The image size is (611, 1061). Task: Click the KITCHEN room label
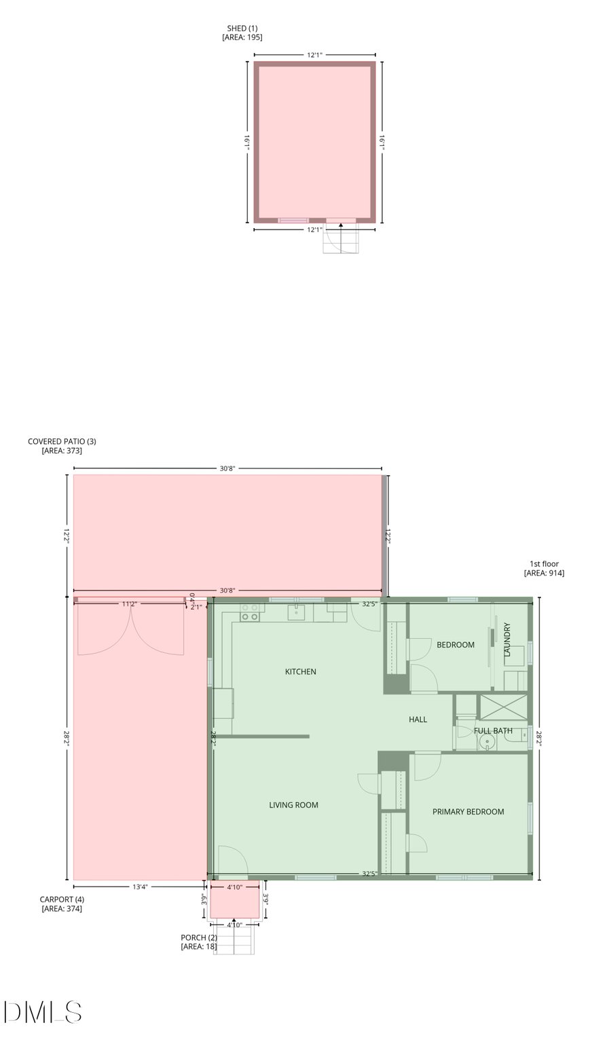(300, 671)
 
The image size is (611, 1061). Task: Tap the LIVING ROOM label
(293, 805)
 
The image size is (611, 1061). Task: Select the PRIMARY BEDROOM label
(468, 811)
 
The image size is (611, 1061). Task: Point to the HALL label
(418, 719)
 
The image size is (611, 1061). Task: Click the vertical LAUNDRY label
(506, 639)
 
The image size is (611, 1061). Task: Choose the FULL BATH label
(493, 730)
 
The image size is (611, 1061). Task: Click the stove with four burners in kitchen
(250, 612)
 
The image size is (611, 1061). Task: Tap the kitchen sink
(297, 612)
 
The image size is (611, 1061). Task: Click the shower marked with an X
(503, 707)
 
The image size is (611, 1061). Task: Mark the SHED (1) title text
(242, 29)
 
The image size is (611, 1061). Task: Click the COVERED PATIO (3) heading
(62, 441)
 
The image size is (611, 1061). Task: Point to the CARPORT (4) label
(62, 899)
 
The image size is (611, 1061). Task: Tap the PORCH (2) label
(199, 937)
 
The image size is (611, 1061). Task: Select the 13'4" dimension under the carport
(140, 887)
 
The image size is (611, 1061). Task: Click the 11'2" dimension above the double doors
(129, 603)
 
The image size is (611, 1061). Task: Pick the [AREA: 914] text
(544, 573)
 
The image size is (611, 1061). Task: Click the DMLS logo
(43, 1012)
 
